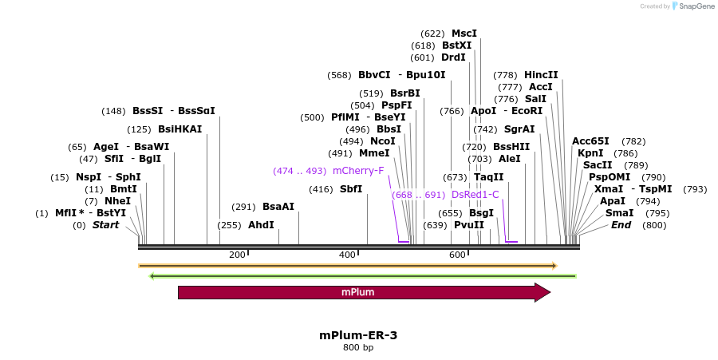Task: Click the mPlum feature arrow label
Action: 357,292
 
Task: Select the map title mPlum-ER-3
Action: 358,335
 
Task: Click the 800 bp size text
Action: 358,348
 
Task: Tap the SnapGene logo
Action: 693,6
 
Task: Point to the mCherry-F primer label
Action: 358,171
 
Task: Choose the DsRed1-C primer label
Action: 475,194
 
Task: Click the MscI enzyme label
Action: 464,34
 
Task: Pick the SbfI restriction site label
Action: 351,189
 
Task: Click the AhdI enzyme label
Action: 261,225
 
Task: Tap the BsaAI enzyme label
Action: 278,207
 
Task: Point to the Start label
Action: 105,225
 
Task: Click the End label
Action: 621,225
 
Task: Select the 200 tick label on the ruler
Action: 237,255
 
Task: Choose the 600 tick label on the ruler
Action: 457,255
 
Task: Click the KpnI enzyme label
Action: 591,153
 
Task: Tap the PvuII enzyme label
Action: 469,225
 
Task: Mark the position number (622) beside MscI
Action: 432,34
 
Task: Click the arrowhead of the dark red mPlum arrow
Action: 542,292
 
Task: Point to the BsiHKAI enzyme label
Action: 179,129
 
